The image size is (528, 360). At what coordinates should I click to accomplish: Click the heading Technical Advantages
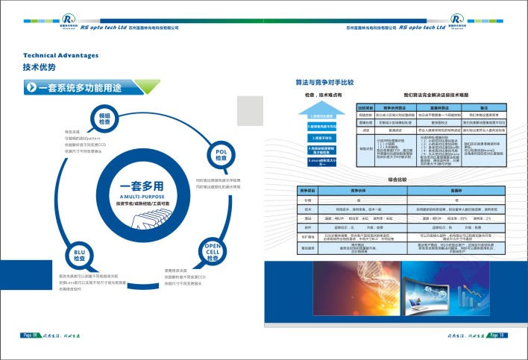coord(60,55)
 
